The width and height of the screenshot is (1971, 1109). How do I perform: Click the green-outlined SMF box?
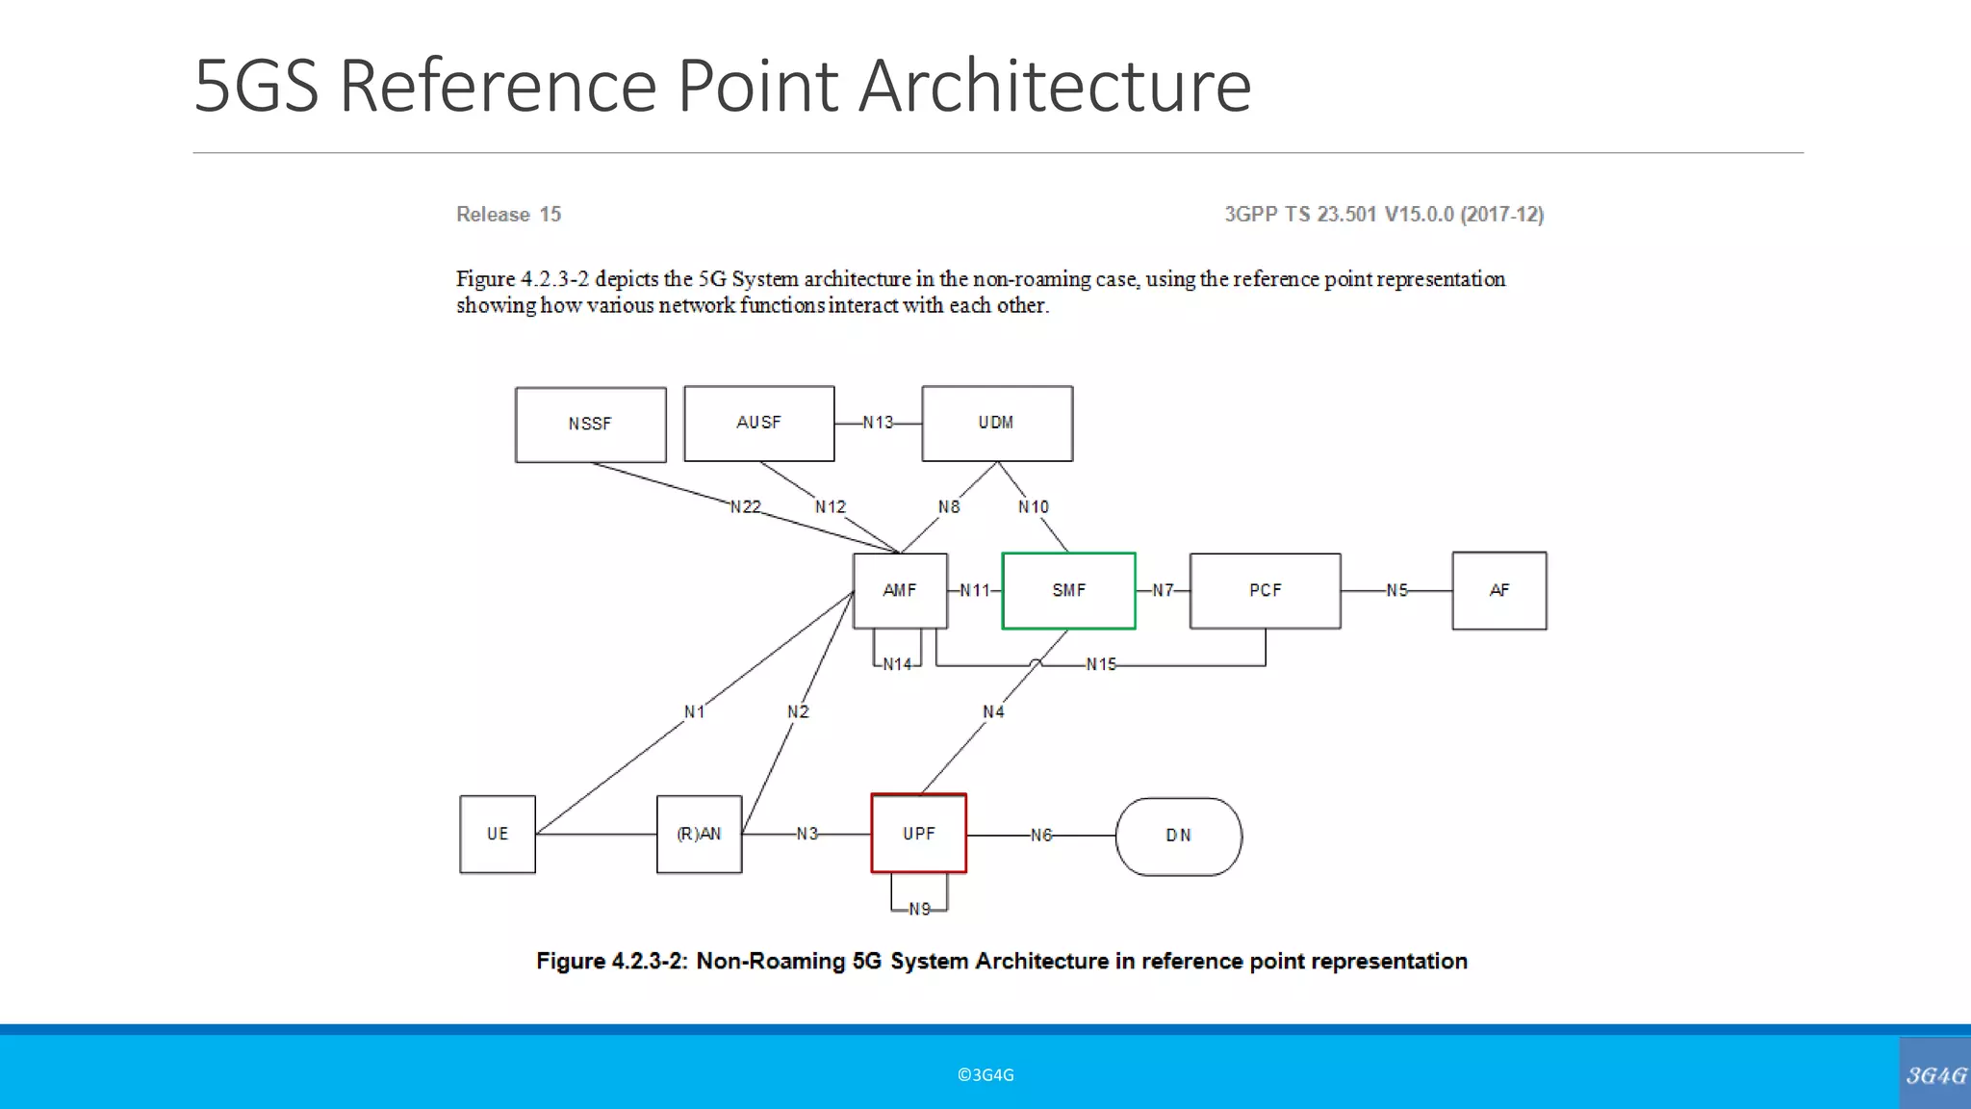pyautogui.click(x=1068, y=590)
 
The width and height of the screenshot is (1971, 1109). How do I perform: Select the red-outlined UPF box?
pyautogui.click(x=918, y=834)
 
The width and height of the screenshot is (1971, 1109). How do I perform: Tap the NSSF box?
pyautogui.click(x=590, y=425)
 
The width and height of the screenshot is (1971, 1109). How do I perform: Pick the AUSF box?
pyautogui.click(x=758, y=424)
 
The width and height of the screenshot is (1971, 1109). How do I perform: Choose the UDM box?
pyautogui.click(x=996, y=424)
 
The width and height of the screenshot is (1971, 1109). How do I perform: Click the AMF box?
pyautogui.click(x=900, y=590)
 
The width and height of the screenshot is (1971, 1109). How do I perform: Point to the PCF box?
pyautogui.click(x=1265, y=590)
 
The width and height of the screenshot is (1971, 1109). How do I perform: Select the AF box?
pyautogui.click(x=1498, y=590)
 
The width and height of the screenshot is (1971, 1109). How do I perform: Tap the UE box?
pyautogui.click(x=497, y=834)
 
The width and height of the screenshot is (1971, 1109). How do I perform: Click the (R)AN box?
pyautogui.click(x=699, y=834)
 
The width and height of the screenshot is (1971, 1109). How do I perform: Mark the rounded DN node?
pyautogui.click(x=1178, y=836)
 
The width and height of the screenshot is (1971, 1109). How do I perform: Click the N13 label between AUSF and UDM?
pyautogui.click(x=878, y=423)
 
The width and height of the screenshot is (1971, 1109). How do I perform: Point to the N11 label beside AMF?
pyautogui.click(x=974, y=590)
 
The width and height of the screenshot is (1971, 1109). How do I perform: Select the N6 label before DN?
pyautogui.click(x=1041, y=836)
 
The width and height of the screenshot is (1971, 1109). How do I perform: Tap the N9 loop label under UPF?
pyautogui.click(x=919, y=909)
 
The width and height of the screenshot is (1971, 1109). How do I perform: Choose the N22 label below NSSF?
pyautogui.click(x=745, y=506)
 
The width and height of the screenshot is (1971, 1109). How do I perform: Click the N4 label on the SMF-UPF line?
pyautogui.click(x=993, y=711)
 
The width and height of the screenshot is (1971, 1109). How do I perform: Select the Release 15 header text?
pyautogui.click(x=508, y=214)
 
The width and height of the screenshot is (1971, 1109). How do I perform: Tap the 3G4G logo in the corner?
pyautogui.click(x=1935, y=1074)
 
